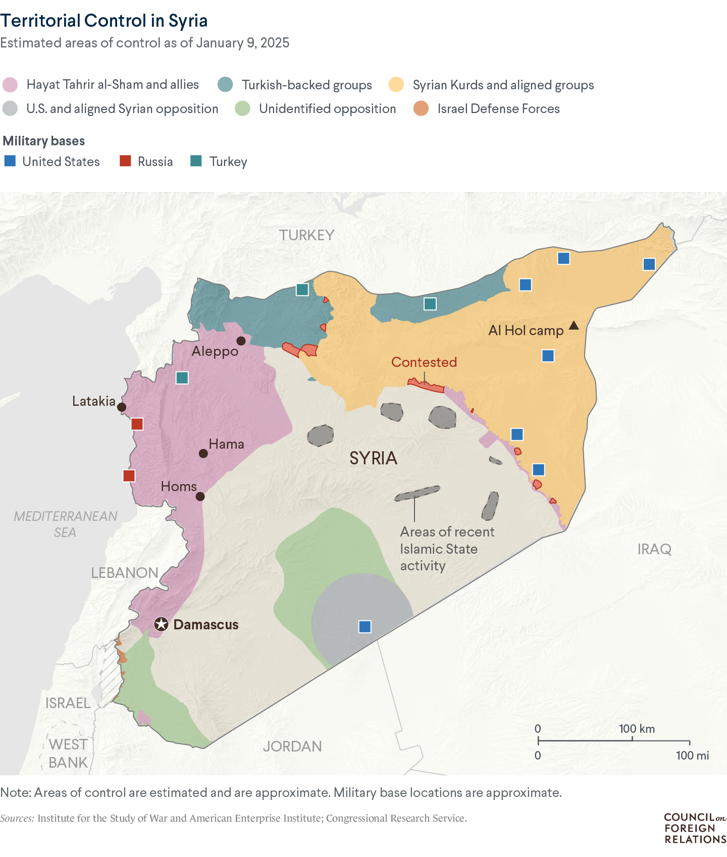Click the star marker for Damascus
point(161,624)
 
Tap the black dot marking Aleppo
point(241,341)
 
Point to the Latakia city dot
point(122,407)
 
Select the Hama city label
point(226,444)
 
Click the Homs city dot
point(200,497)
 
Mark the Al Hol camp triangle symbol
point(574,326)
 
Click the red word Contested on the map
point(424,362)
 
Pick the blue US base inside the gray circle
point(365,626)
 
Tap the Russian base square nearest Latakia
point(137,424)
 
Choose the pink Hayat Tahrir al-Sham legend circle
point(10,85)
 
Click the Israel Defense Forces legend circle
point(421,109)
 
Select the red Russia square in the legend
point(125,162)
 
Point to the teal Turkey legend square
point(196,162)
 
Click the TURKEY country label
point(307,235)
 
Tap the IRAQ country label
point(654,549)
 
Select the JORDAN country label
point(292,746)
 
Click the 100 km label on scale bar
point(637,729)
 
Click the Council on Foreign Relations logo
point(695,828)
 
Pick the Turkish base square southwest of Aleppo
point(182,378)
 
